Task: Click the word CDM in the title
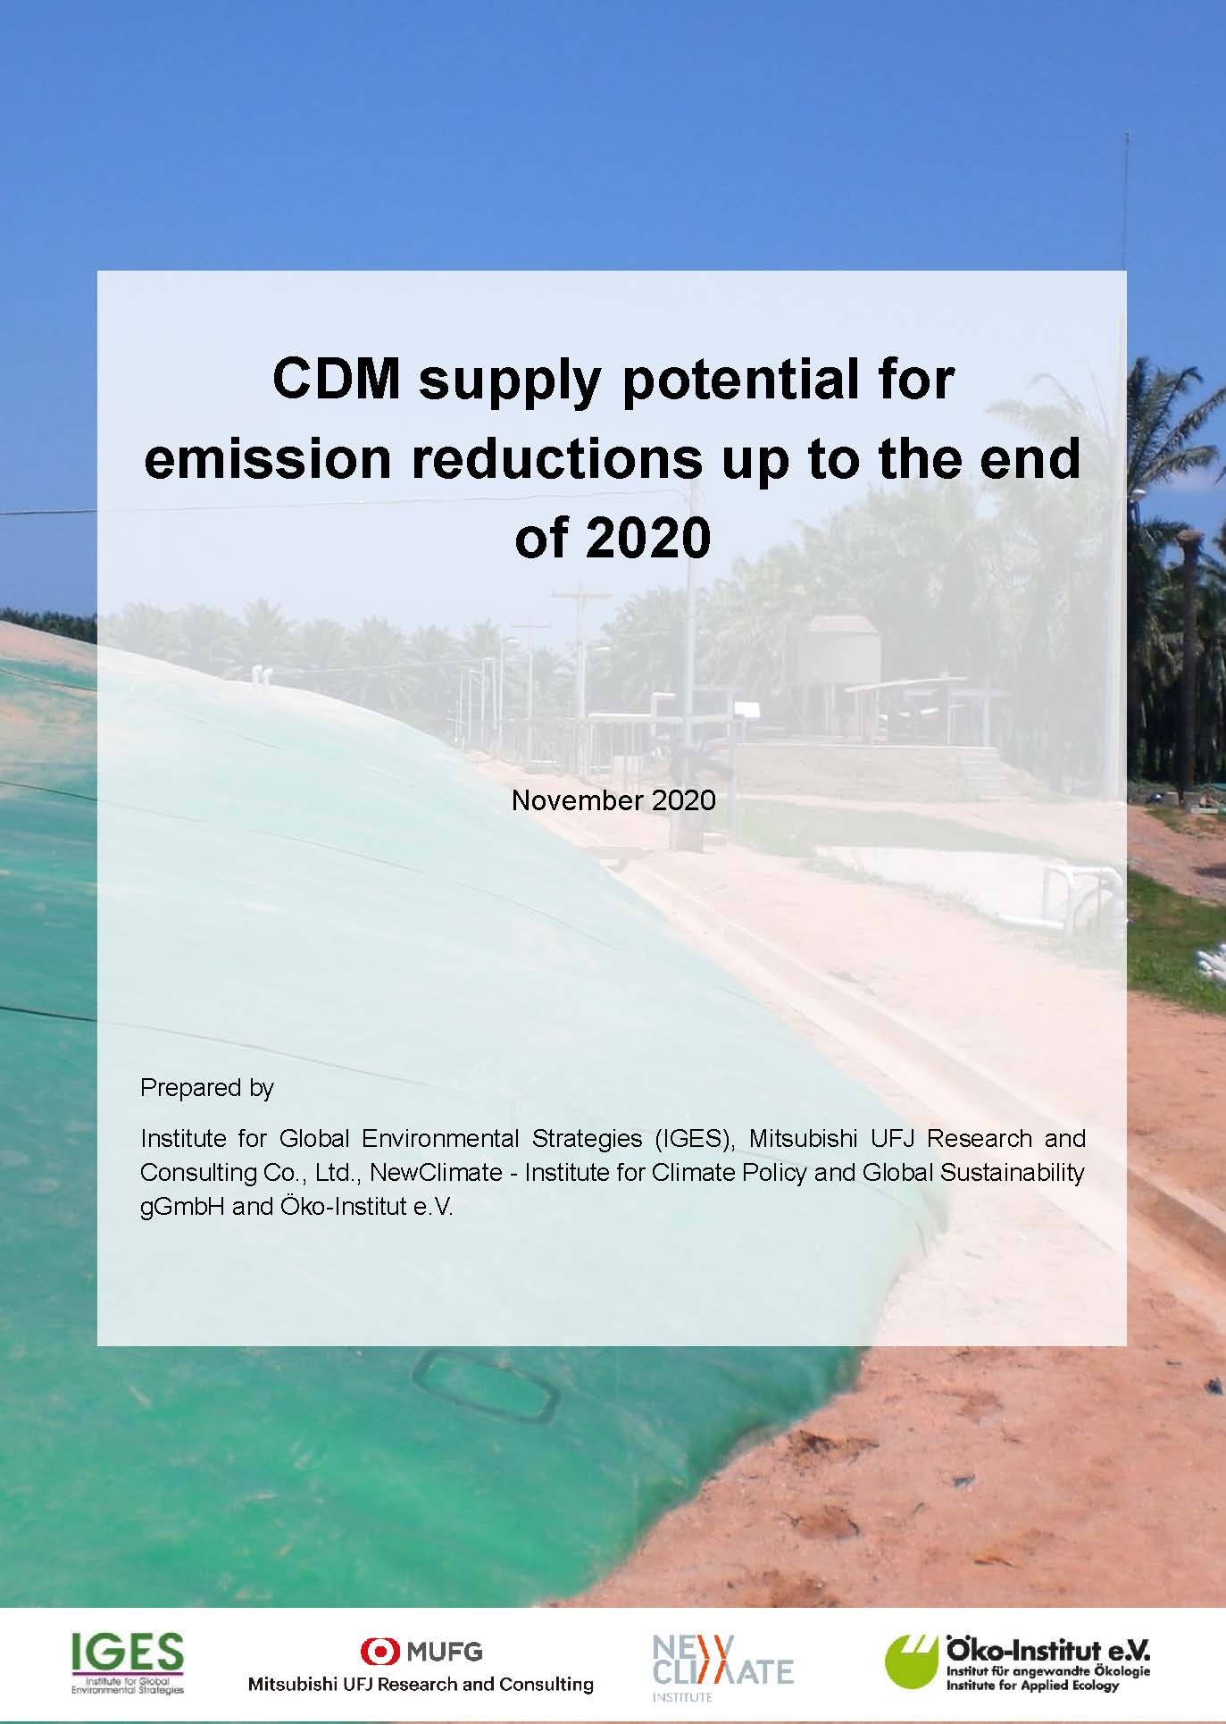(336, 379)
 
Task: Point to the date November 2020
(613, 799)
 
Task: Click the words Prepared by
(207, 1088)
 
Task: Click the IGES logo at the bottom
(128, 1663)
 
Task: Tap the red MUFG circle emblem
(379, 1651)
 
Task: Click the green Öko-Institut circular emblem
(913, 1662)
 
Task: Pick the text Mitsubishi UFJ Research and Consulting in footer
(421, 1685)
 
